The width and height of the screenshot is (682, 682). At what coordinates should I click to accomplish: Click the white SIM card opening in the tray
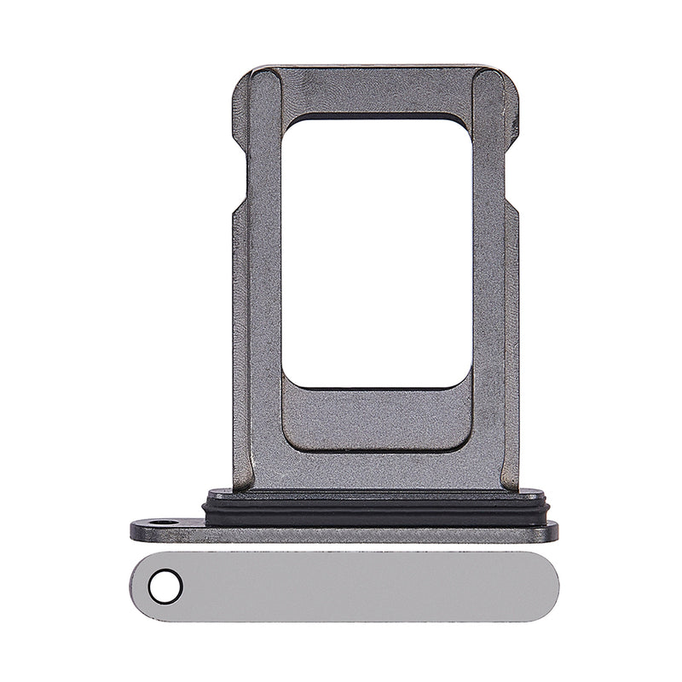(377, 251)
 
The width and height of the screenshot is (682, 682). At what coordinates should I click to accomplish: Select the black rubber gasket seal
(376, 507)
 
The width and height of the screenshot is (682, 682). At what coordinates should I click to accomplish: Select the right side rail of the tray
(489, 281)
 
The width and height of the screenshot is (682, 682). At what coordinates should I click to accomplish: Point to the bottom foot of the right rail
(508, 477)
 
